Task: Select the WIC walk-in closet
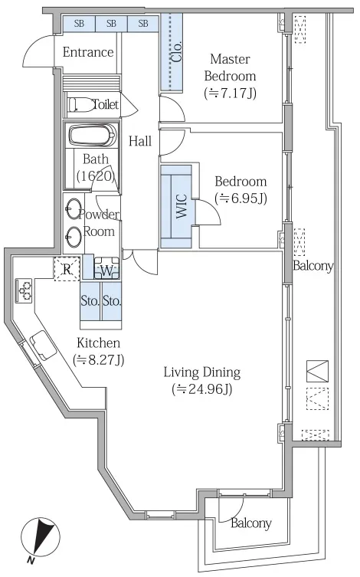coord(176,206)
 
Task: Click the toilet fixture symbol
coord(81,104)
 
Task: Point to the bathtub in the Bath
coord(93,136)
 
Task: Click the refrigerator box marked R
coord(67,269)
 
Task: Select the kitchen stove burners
coord(24,290)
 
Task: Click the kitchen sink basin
coord(43,345)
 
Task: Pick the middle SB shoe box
coord(111,24)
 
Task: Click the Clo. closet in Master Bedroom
coord(172,51)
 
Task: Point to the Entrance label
coord(88,52)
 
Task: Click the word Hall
coord(140,141)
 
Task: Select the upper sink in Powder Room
coord(74,208)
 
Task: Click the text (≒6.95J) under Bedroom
coord(241,198)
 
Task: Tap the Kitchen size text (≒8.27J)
coord(99,359)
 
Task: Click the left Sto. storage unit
coord(90,301)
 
